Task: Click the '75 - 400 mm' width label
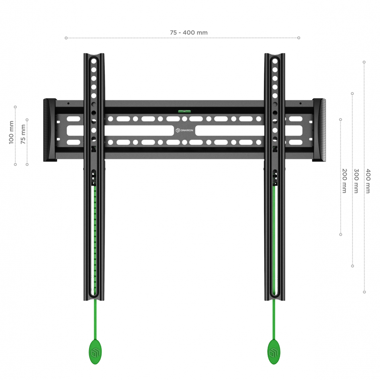click(x=189, y=33)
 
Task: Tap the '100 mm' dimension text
click(x=12, y=132)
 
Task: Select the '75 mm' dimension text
click(x=23, y=134)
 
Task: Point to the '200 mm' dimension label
click(x=344, y=181)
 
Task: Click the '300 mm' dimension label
click(x=356, y=181)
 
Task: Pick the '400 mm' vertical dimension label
click(x=368, y=181)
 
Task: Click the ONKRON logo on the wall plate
click(x=184, y=130)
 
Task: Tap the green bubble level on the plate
click(x=184, y=111)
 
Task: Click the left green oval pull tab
click(x=95, y=352)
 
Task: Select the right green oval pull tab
click(x=274, y=352)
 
